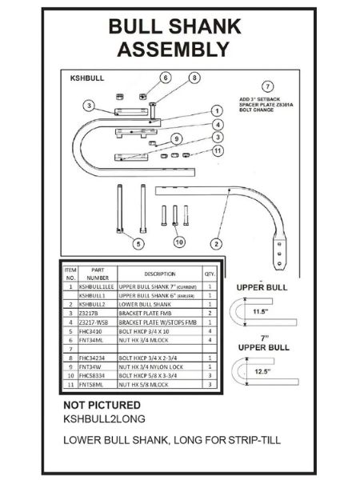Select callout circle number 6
click(166, 78)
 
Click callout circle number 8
click(193, 78)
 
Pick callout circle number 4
click(216, 125)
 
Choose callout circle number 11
click(217, 150)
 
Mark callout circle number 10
click(179, 241)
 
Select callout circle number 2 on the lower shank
click(214, 241)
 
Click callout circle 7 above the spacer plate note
click(268, 86)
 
